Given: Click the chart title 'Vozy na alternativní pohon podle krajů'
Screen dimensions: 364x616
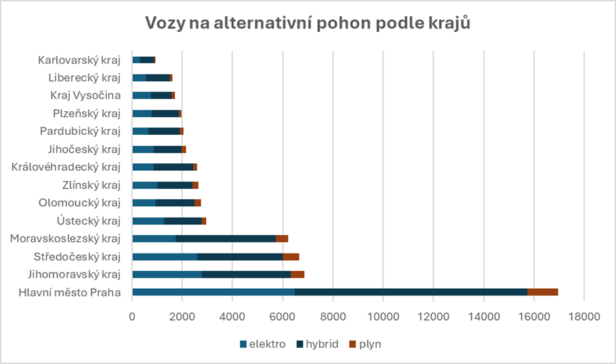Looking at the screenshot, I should (308, 23).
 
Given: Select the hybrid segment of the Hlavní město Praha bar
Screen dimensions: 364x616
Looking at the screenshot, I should (411, 292).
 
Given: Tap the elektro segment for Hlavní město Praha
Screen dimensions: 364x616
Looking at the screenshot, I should (213, 292).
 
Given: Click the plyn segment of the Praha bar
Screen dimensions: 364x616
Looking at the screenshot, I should (542, 292).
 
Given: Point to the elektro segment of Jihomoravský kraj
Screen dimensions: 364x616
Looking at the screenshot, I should (167, 274).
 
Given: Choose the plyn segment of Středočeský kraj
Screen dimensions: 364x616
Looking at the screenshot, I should (291, 256).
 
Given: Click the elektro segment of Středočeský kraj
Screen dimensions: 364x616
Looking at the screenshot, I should (165, 256).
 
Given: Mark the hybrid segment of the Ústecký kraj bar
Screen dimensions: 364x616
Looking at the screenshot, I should (182, 220).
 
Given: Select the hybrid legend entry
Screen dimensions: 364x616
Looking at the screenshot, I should (316, 344).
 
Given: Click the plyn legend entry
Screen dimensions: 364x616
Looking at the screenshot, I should (366, 344).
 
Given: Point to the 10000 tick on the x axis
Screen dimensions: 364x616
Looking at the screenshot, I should (383, 317).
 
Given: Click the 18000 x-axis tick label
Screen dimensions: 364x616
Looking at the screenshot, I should (584, 317).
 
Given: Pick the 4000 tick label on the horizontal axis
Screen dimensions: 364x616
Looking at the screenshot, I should (232, 317).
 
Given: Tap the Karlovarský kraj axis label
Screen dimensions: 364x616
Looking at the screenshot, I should (79, 60).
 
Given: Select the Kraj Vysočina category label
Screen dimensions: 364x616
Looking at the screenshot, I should (85, 95).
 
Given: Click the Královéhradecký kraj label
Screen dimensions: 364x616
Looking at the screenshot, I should (66, 167).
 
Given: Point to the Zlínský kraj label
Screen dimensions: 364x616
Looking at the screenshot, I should (91, 184).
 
